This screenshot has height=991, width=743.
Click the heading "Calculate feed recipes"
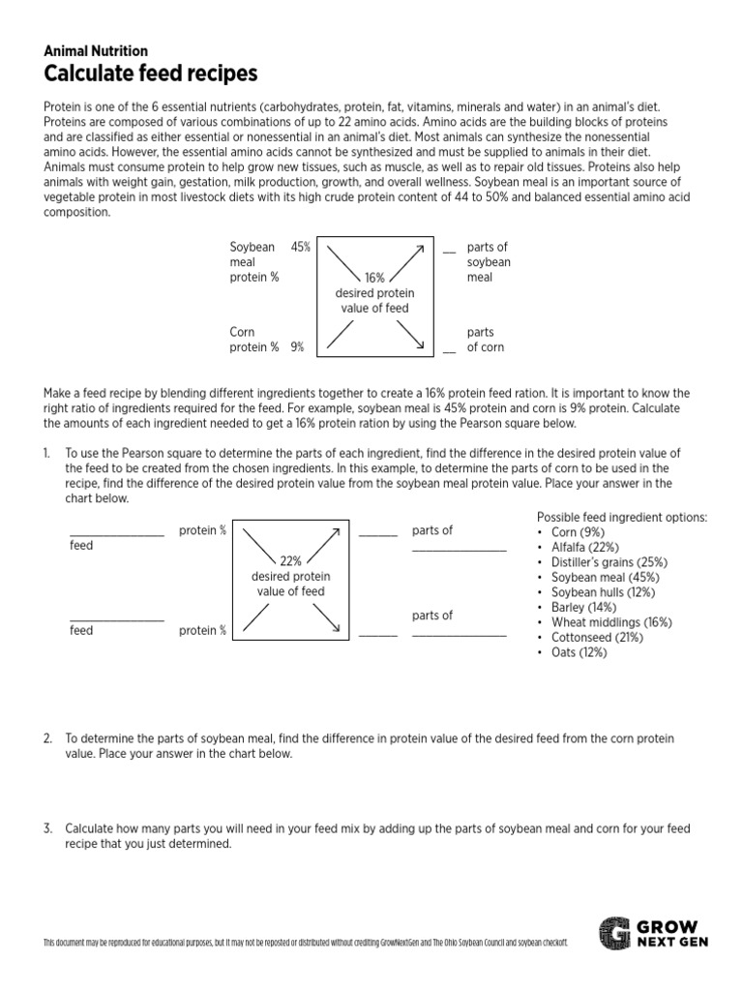click(x=150, y=74)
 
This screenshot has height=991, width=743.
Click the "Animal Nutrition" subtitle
click(x=96, y=51)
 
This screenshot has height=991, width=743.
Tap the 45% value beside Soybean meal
click(x=300, y=247)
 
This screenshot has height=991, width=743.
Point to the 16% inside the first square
click(x=374, y=278)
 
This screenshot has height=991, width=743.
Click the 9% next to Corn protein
click(x=297, y=347)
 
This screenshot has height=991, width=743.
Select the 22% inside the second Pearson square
click(x=290, y=560)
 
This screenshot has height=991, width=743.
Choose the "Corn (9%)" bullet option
click(x=578, y=532)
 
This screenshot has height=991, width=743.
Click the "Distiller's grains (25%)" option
click(x=609, y=562)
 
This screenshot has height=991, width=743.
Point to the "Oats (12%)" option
click(x=579, y=652)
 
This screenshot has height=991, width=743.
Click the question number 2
click(x=46, y=738)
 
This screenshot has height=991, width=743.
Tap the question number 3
click(x=46, y=828)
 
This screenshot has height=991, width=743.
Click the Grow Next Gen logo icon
click(x=613, y=933)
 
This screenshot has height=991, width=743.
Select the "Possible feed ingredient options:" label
click(x=621, y=517)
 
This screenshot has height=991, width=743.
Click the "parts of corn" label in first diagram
click(x=485, y=340)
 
